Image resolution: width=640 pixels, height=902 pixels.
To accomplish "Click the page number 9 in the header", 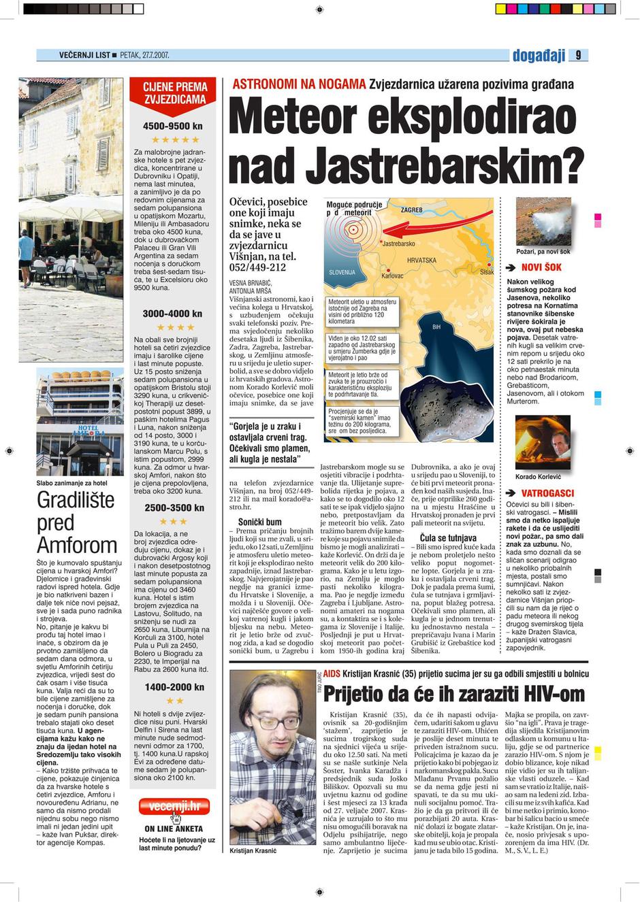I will coord(578,56).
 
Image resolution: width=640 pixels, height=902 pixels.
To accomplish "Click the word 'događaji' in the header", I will coord(539,56).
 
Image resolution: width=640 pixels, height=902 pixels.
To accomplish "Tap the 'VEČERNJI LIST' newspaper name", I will coord(84,55).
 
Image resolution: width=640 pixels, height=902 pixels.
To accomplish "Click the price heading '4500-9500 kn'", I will coord(172,126).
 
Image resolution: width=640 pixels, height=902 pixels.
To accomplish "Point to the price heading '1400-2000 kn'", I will coord(174,687).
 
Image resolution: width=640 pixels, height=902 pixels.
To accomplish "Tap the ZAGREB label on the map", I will coord(411,210).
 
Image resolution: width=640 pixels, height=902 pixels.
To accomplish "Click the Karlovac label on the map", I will coord(392,276).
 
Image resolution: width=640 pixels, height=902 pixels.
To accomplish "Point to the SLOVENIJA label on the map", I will coord(342,272).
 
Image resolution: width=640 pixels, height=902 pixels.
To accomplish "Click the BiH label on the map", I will coord(437,327).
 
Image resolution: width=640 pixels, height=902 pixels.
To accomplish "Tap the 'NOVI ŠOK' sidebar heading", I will coord(541,267).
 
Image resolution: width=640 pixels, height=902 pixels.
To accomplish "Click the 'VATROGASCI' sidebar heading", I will coord(547,493).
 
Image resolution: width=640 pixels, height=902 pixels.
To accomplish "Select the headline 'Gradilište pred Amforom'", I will coord(76,522).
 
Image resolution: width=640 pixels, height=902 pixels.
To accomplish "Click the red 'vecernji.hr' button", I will coord(174,807).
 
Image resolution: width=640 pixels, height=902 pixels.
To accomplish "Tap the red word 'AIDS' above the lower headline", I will coord(332,673).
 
